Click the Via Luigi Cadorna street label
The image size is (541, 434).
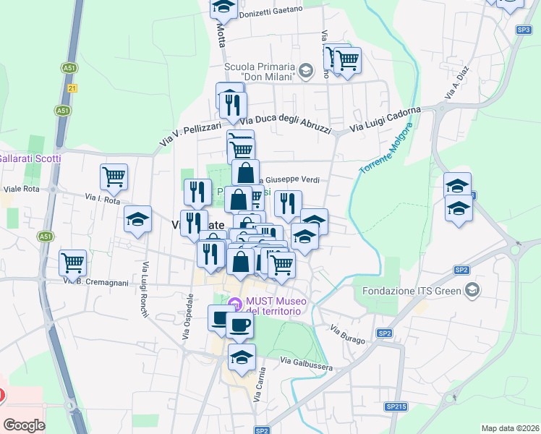[385, 119]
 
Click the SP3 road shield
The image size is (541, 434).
[524, 30]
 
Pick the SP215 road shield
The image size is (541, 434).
[396, 407]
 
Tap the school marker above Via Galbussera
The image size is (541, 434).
[242, 357]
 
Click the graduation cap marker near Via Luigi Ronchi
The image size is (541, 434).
[137, 220]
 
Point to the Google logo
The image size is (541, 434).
[24, 425]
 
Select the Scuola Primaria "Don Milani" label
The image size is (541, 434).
[261, 71]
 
